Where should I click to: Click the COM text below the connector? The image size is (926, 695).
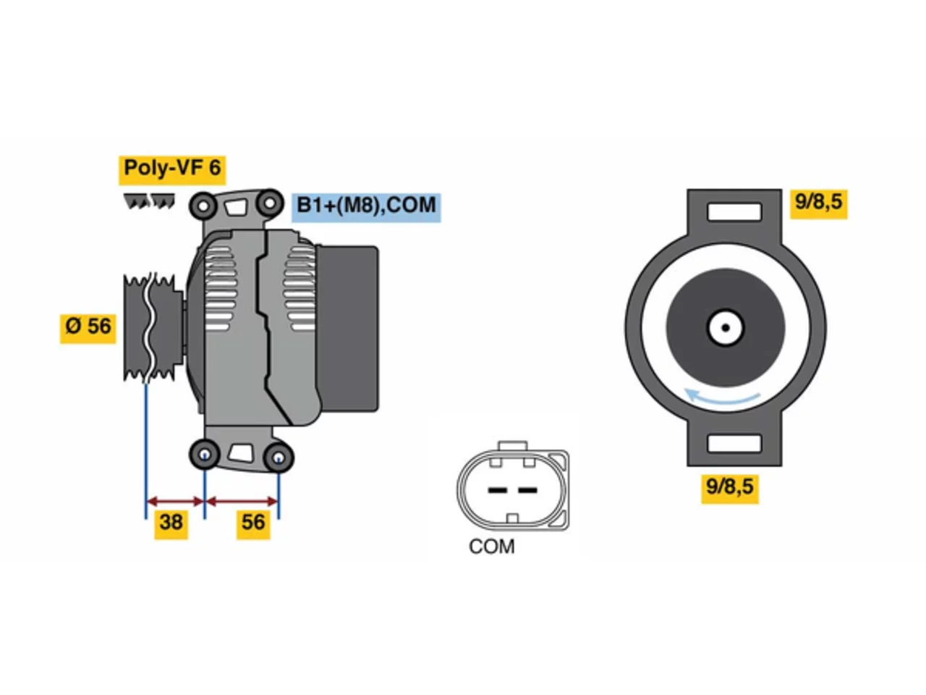[x=491, y=547]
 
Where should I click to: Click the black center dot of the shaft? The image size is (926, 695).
[x=726, y=327]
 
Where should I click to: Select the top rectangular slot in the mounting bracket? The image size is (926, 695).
[x=734, y=212]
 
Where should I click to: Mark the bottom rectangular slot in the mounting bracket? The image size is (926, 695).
[x=734, y=444]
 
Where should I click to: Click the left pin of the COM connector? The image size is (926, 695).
[x=497, y=490]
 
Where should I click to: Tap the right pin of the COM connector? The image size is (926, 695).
[x=527, y=490]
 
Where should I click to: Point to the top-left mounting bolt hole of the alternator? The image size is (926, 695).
[x=203, y=206]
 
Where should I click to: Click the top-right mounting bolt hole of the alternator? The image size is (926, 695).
[x=270, y=203]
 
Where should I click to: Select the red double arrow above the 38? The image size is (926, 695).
[x=175, y=502]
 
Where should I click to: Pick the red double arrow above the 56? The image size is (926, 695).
[x=242, y=502]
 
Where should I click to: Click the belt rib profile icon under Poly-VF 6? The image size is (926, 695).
[x=149, y=201]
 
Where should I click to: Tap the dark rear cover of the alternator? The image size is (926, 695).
[x=347, y=329]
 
